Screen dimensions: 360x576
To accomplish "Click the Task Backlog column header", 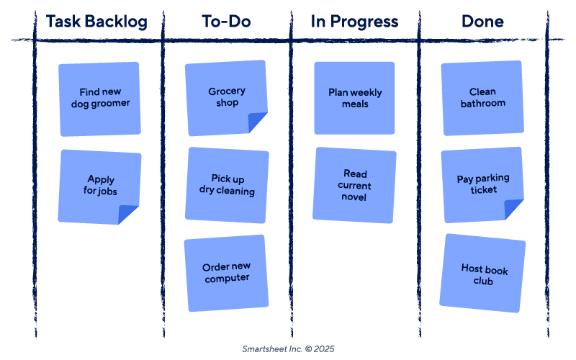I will [x=96, y=22].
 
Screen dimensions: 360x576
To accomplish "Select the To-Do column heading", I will [x=226, y=22].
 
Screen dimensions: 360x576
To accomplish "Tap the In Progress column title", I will [x=354, y=22].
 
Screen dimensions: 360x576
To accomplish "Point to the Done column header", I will [x=482, y=22].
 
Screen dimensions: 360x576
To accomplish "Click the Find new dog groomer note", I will [x=100, y=98].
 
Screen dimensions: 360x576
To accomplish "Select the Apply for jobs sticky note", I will [x=100, y=186].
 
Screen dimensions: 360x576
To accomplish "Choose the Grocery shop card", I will [x=226, y=97].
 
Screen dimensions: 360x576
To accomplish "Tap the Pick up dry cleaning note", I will [x=227, y=185].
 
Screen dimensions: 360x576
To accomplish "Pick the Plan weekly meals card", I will [x=355, y=98].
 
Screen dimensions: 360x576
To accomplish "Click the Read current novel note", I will [x=355, y=186].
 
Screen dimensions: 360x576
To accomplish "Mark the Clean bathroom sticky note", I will [x=482, y=98].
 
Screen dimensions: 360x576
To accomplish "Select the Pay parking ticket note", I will [x=482, y=184].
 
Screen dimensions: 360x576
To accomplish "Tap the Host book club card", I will [x=483, y=274].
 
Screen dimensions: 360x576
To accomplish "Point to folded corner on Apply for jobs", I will [x=129, y=215].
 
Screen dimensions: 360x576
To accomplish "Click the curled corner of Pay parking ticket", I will [x=513, y=210].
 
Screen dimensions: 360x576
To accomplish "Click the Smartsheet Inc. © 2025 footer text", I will [x=288, y=349].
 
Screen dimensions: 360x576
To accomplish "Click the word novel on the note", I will [x=354, y=197].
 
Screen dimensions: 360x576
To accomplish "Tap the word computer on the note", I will [x=227, y=279].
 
